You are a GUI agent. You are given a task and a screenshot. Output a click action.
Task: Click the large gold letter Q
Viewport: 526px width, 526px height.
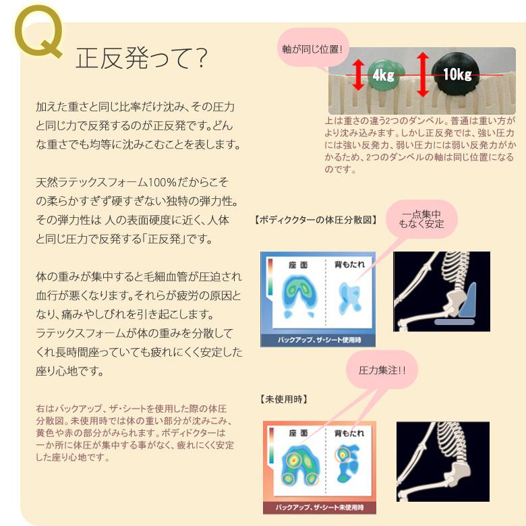click(38, 38)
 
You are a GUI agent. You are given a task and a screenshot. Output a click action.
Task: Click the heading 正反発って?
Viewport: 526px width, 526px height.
click(141, 61)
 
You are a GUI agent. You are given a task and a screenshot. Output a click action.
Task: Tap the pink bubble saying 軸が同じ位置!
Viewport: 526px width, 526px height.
click(313, 49)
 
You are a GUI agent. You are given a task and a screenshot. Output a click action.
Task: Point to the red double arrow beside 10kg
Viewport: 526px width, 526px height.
click(423, 74)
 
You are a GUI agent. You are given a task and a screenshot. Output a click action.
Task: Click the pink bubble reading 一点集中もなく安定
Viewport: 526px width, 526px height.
click(421, 218)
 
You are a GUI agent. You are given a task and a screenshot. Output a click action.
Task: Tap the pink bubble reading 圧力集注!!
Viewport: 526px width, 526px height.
click(382, 370)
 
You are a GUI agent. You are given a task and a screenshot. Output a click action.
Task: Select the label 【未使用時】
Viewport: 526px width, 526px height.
click(284, 399)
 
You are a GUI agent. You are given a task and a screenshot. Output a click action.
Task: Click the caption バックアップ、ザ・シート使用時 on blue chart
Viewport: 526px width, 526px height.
click(319, 340)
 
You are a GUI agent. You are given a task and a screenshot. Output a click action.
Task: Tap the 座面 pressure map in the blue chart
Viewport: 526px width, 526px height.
click(297, 295)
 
